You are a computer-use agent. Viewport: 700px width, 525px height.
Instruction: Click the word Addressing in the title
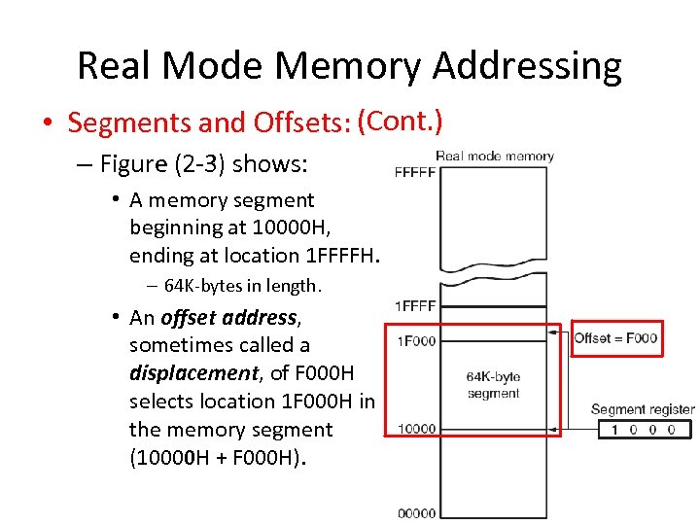pos(526,66)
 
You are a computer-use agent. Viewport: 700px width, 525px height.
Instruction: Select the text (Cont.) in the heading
pos(400,122)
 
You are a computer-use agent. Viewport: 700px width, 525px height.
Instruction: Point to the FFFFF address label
pos(415,172)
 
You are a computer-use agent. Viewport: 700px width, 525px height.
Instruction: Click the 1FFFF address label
pos(415,305)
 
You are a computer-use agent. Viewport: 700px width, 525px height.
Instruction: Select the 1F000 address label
pos(415,340)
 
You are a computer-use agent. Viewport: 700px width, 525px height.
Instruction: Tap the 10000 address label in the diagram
pos(415,429)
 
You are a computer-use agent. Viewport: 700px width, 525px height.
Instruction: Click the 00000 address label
pos(415,513)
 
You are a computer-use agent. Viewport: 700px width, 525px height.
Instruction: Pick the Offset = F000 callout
pos(616,338)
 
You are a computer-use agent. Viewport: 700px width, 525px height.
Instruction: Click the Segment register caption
pos(642,409)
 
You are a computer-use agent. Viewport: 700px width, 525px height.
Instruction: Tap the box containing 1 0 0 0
pos(643,430)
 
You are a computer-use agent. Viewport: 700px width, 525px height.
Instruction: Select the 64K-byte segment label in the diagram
pos(493,385)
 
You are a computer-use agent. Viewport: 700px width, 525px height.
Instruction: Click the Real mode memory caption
pos(494,156)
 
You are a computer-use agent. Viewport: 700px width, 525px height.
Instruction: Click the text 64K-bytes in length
pos(242,286)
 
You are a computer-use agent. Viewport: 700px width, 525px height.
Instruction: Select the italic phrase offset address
pos(228,318)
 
